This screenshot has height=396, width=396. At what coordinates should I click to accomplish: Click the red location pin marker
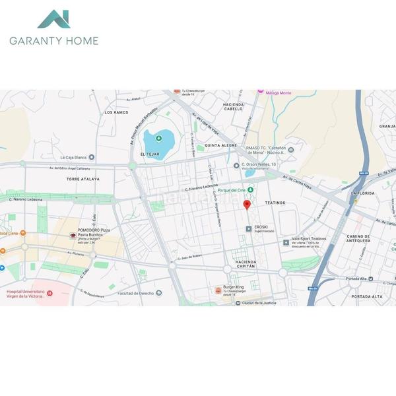[x=247, y=205]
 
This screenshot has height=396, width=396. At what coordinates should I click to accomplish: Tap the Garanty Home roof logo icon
[x=53, y=19]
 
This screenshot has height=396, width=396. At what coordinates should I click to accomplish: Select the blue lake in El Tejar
[x=159, y=140]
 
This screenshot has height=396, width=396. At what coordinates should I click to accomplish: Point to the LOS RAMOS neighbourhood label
[x=116, y=113]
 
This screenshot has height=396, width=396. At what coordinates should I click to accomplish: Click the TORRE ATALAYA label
[x=82, y=179]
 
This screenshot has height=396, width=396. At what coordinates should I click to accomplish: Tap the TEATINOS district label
[x=275, y=203]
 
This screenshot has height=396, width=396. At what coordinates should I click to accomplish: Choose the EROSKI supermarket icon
[x=249, y=228]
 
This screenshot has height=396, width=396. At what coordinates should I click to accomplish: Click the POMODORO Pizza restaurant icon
[x=73, y=236]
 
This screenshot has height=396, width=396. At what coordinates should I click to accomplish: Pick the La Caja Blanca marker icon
[x=91, y=158]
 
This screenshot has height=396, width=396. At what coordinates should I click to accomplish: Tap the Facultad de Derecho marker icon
[x=159, y=293]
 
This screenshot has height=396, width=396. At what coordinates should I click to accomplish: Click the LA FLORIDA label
[x=363, y=193]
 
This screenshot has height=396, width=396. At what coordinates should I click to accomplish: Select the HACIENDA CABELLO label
[x=234, y=108]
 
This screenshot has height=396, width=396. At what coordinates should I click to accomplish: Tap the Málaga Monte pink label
[x=277, y=93]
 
